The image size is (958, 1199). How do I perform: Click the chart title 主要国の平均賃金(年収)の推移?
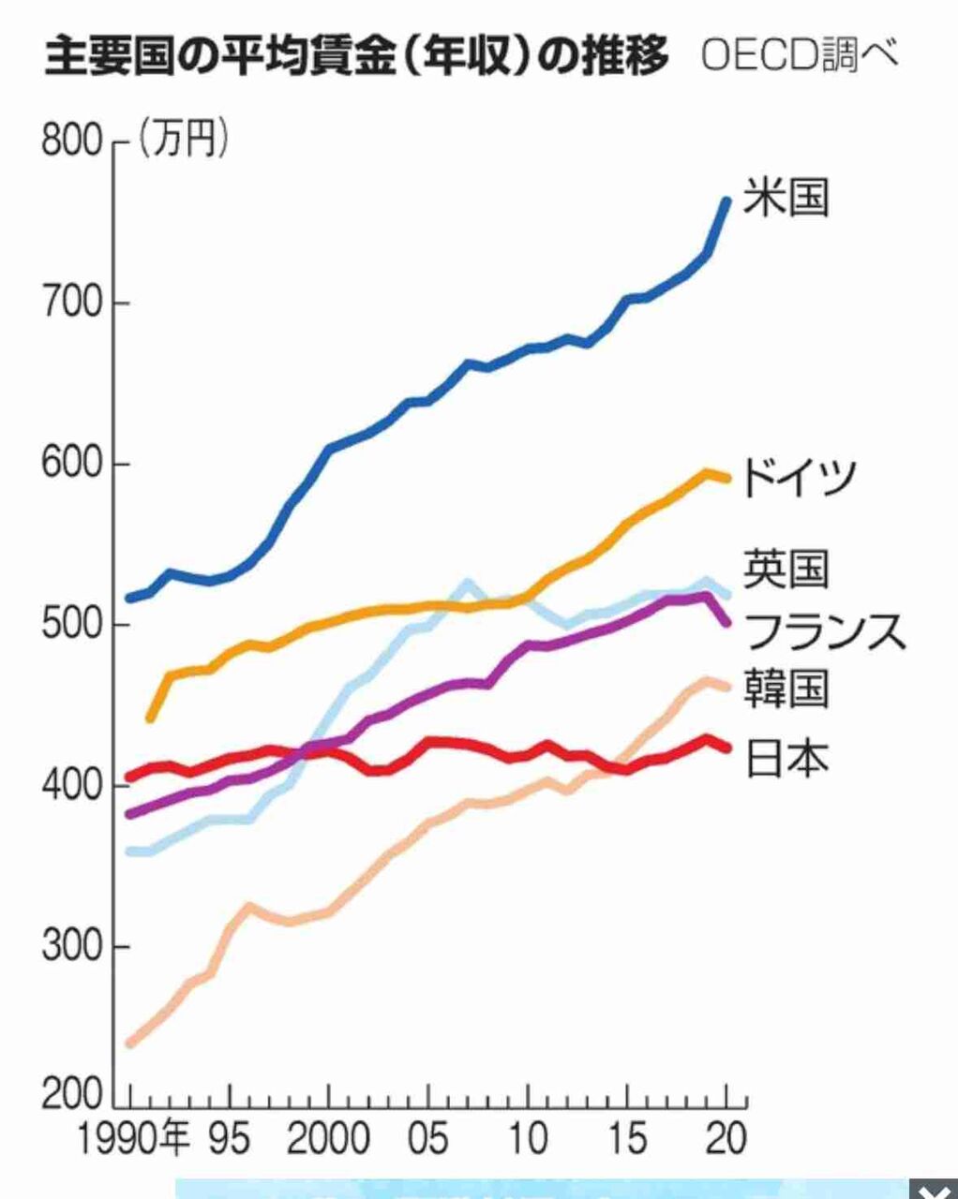click(x=356, y=55)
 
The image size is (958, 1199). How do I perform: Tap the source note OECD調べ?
click(x=799, y=55)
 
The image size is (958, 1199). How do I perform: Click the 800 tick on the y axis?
click(x=71, y=142)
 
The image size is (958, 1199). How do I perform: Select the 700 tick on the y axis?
click(x=71, y=303)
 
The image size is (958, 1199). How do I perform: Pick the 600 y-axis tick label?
click(x=71, y=465)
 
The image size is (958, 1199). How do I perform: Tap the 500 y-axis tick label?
click(x=71, y=625)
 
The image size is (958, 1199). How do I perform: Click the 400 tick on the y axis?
click(x=71, y=785)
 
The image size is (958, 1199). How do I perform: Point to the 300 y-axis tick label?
click(x=71, y=946)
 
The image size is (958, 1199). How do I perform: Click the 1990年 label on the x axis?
click(x=131, y=1138)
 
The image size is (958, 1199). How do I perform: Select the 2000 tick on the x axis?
click(x=328, y=1138)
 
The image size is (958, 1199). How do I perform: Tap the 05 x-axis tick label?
click(x=428, y=1138)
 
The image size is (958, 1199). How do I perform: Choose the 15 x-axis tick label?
click(x=627, y=1138)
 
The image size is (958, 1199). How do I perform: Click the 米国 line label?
click(x=786, y=198)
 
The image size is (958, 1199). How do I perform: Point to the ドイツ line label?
click(x=798, y=476)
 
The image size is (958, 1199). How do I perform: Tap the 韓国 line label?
click(x=786, y=688)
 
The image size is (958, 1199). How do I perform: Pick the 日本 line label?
click(x=786, y=757)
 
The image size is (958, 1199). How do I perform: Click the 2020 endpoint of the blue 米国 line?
click(x=726, y=200)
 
